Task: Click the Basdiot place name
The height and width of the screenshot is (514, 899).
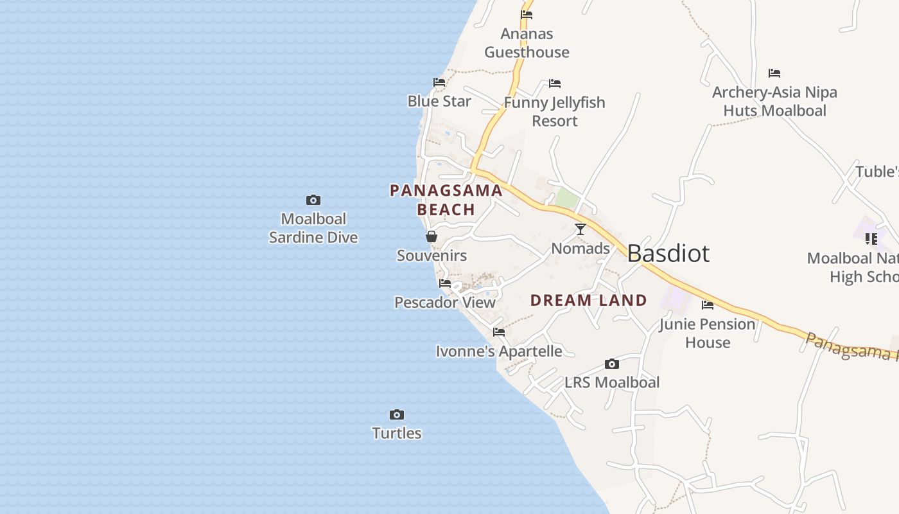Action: [668, 254]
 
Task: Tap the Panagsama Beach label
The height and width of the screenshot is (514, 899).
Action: [446, 200]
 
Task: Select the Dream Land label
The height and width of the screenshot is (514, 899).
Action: [588, 300]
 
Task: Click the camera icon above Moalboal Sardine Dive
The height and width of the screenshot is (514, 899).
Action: [313, 200]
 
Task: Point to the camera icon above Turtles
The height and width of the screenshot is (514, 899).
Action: [397, 414]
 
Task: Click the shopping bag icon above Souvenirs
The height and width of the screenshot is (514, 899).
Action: [432, 237]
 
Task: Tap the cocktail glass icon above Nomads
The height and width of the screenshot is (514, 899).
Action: [580, 229]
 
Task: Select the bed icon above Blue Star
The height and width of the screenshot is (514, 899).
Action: [439, 82]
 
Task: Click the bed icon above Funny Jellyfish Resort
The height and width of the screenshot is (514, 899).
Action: [555, 84]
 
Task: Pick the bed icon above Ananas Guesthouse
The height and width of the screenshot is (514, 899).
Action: [527, 15]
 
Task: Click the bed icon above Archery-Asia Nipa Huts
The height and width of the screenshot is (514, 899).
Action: [774, 73]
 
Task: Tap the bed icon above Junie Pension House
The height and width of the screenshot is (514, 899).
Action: [708, 305]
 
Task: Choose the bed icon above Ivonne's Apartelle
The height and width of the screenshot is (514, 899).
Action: [499, 332]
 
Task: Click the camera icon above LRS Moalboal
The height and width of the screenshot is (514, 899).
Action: [612, 364]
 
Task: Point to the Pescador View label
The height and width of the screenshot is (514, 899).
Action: [445, 303]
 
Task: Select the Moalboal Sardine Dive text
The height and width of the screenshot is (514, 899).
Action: [313, 228]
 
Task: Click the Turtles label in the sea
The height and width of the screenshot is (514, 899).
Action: [397, 433]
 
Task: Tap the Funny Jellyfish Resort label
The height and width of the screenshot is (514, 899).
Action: [555, 112]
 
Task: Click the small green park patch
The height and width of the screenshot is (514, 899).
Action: [566, 199]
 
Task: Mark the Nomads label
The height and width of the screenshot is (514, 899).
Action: [580, 249]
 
